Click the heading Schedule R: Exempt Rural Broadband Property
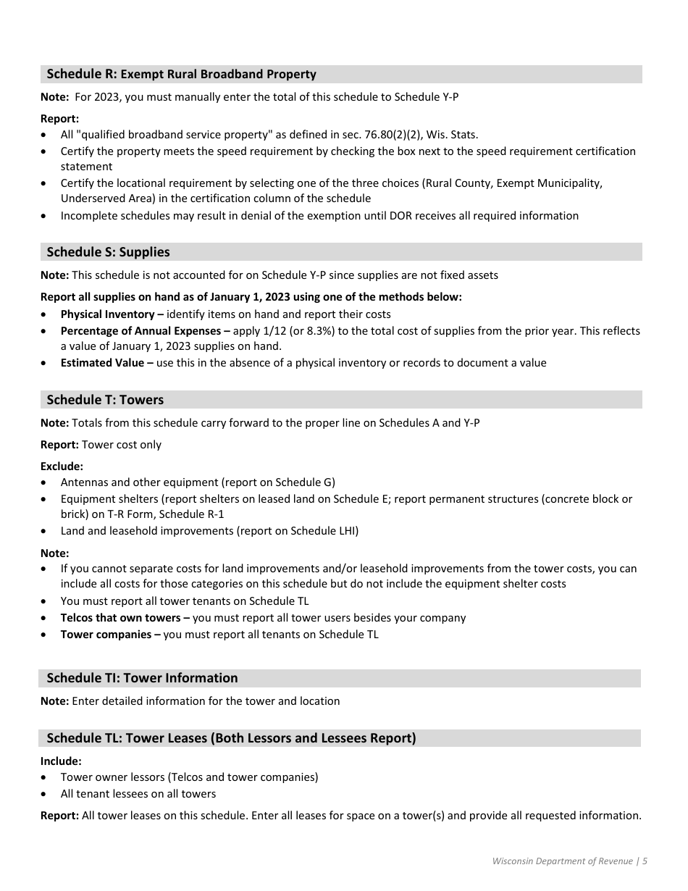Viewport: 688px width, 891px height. (181, 74)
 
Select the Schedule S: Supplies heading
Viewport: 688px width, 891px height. (108, 252)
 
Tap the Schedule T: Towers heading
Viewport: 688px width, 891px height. (105, 400)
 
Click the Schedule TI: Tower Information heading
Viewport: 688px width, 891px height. (142, 678)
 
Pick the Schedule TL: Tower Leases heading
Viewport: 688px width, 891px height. (231, 738)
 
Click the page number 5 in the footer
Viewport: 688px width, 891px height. (645, 861)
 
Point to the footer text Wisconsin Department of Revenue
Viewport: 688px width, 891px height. (562, 861)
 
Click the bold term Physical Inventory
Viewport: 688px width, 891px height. (107, 314)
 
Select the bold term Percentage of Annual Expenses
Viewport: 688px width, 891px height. (140, 331)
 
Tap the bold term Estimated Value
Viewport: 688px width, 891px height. (102, 363)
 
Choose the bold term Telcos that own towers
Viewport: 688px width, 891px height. (120, 618)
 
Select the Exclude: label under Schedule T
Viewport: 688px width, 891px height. (62, 467)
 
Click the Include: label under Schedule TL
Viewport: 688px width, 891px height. (61, 761)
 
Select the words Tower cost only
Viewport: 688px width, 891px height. (122, 445)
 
